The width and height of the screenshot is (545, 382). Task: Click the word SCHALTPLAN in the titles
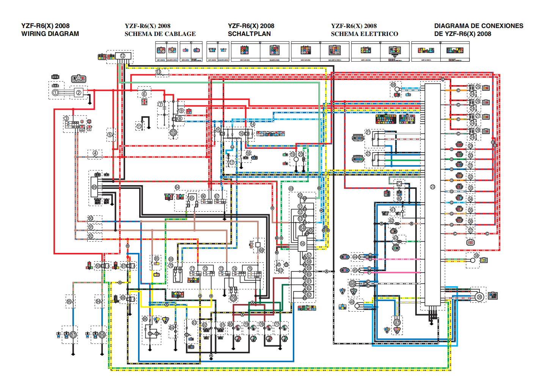click(249, 34)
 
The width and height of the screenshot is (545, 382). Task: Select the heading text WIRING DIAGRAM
click(50, 34)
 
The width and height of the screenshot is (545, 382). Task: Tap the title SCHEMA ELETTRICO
click(364, 34)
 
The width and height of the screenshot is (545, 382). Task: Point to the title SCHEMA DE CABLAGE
click(160, 34)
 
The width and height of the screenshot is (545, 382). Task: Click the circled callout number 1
click(55, 92)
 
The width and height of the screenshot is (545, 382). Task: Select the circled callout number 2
click(79, 92)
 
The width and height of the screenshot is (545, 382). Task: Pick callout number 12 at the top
click(123, 56)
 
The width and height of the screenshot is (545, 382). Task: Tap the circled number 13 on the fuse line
click(159, 72)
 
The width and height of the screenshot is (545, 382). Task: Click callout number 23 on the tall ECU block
click(432, 187)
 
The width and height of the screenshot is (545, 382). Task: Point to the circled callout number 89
click(94, 187)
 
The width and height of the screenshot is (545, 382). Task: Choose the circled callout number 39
click(479, 297)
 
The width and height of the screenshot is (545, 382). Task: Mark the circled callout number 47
click(397, 323)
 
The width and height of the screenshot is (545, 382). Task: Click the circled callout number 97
click(73, 335)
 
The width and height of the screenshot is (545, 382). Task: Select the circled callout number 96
click(102, 335)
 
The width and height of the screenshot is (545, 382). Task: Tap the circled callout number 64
click(177, 187)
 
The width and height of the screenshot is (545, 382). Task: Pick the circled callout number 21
click(368, 133)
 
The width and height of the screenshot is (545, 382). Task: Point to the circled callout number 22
click(368, 154)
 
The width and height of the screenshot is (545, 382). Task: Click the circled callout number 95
click(69, 302)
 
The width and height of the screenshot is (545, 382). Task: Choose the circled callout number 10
click(173, 133)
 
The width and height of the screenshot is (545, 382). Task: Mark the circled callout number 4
click(95, 153)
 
